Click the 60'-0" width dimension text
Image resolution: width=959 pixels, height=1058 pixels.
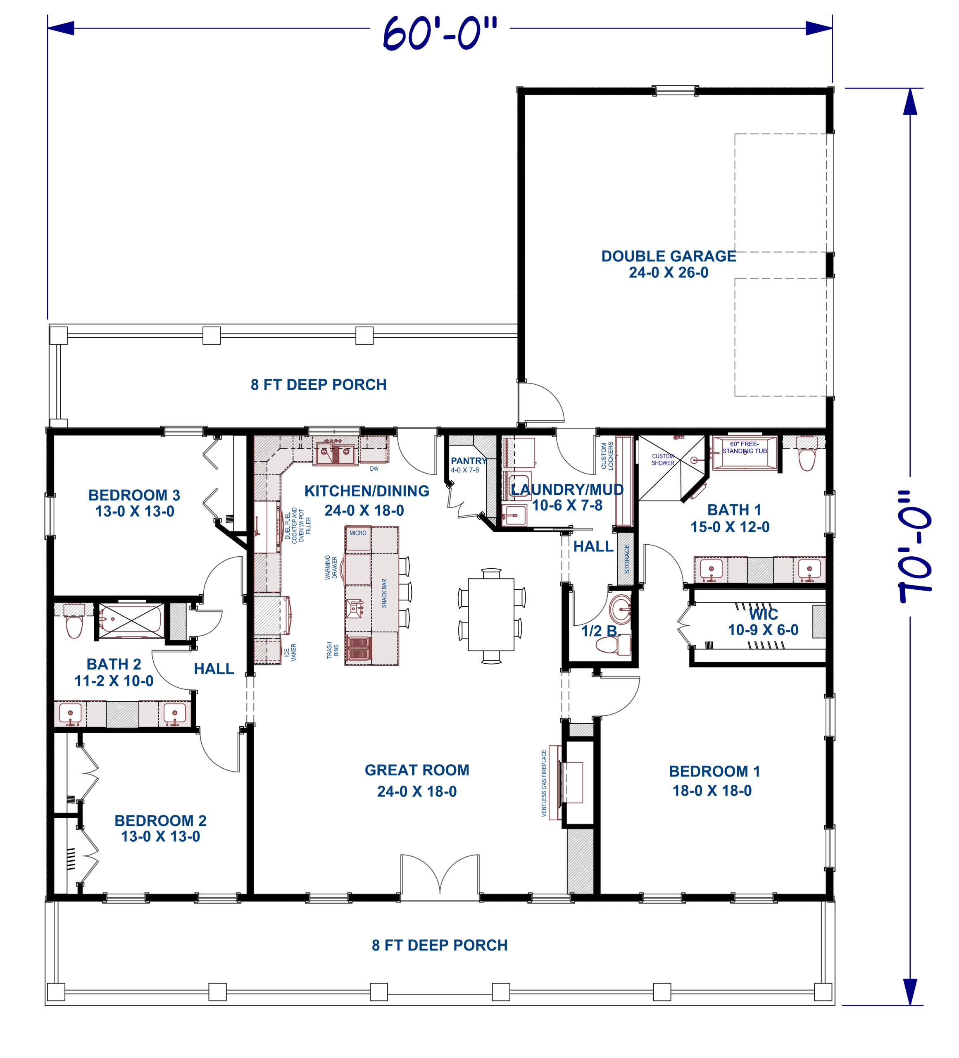point(440,33)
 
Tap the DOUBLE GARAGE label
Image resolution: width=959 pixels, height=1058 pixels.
point(669,256)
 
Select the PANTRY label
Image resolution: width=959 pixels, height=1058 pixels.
point(469,461)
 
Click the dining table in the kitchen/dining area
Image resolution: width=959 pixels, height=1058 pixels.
point(491,615)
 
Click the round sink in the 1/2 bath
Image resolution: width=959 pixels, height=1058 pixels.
point(621,609)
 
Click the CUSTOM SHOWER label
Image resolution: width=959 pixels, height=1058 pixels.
point(663,460)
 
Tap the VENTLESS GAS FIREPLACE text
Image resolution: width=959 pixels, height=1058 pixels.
point(544,783)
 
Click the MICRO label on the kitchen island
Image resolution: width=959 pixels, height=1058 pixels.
point(358,533)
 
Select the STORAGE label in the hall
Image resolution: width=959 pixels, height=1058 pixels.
point(627,558)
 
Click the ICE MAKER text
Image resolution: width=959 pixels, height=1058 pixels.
point(290,652)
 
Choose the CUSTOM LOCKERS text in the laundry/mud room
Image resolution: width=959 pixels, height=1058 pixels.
point(607,455)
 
